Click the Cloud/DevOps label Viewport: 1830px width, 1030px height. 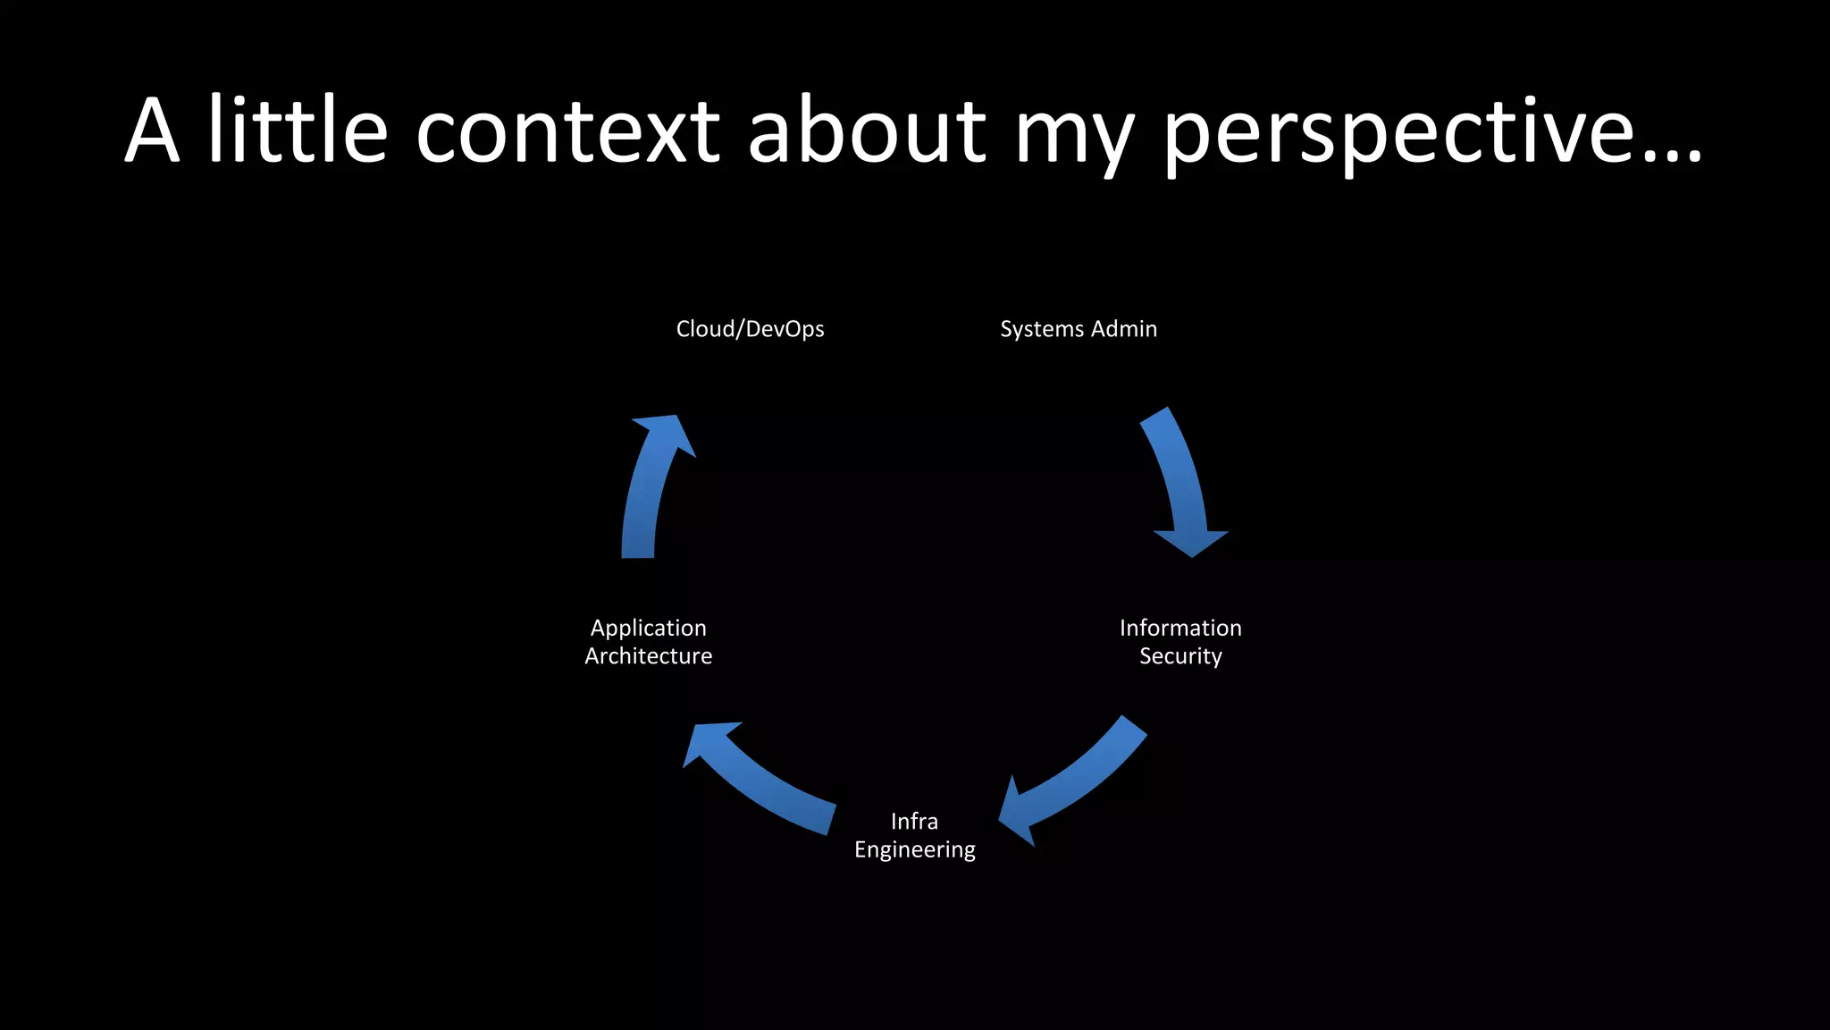(750, 329)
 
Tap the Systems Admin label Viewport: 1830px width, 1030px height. (1078, 329)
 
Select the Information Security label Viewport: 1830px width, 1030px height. (1180, 642)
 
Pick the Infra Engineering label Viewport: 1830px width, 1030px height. (914, 835)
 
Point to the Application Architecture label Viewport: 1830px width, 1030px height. (648, 642)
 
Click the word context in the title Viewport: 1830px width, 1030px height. (567, 131)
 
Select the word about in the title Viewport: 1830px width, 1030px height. (867, 131)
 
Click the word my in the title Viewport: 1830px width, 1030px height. (1074, 139)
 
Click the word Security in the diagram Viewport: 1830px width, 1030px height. (1180, 656)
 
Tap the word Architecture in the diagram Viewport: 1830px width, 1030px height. (648, 656)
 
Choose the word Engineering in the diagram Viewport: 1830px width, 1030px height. (914, 849)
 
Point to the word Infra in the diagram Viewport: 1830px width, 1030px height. (914, 821)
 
